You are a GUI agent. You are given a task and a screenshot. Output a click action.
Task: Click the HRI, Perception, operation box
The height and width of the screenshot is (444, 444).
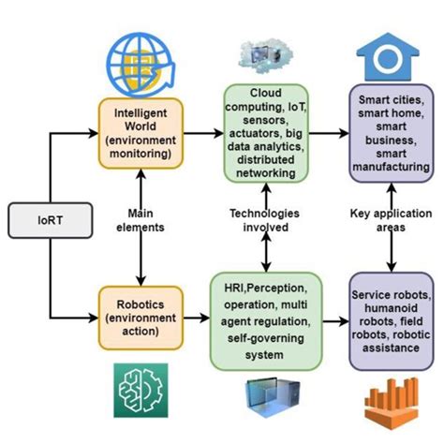(266, 319)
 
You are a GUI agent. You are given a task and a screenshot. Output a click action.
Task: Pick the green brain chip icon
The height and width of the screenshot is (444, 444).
(141, 392)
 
